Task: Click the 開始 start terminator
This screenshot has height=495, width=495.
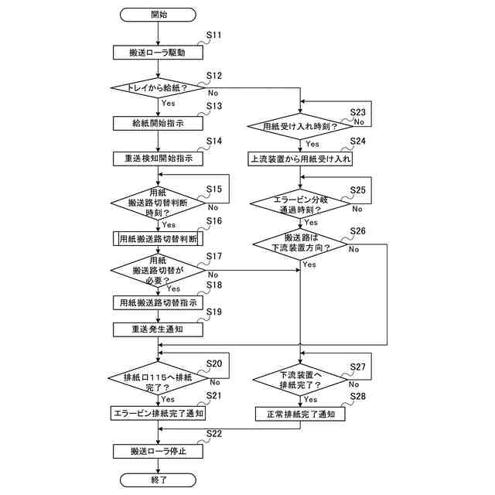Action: (158, 15)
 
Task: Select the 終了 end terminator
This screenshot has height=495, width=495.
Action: (158, 480)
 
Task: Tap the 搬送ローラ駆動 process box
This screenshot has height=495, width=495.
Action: (158, 53)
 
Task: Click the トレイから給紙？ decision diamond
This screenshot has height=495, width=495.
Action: (158, 87)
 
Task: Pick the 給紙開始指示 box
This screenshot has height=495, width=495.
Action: (158, 123)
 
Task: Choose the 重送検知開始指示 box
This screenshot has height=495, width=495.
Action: (158, 159)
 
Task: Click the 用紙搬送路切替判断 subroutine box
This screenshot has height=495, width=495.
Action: (158, 239)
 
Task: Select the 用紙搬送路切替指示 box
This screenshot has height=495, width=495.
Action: (158, 302)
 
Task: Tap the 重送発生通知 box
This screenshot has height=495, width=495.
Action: (158, 329)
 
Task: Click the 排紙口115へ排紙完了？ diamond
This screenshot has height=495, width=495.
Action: (158, 378)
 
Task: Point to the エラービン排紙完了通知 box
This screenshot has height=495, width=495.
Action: (158, 413)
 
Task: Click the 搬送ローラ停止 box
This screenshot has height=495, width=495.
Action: (158, 452)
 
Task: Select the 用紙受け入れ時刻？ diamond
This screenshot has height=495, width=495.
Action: (300, 126)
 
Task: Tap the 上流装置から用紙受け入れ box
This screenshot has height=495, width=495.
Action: (300, 159)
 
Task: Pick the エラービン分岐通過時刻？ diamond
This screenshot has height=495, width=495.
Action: (300, 204)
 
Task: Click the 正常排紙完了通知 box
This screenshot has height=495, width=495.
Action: (300, 414)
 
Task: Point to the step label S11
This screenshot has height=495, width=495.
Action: (214, 35)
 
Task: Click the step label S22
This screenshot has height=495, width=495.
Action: (214, 434)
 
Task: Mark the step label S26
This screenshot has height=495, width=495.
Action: (357, 231)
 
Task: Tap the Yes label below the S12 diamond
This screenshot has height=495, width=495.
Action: (168, 103)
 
